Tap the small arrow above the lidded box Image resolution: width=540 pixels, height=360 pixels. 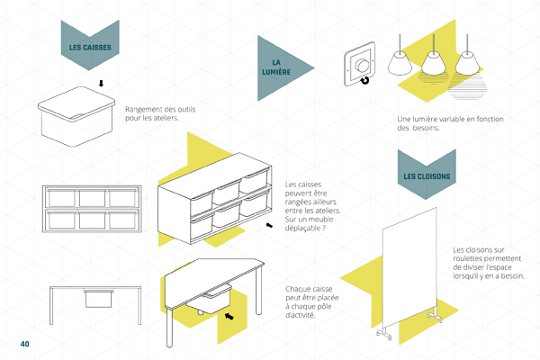coord(101,84)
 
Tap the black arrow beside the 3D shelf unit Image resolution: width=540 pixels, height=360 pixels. coord(268,228)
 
